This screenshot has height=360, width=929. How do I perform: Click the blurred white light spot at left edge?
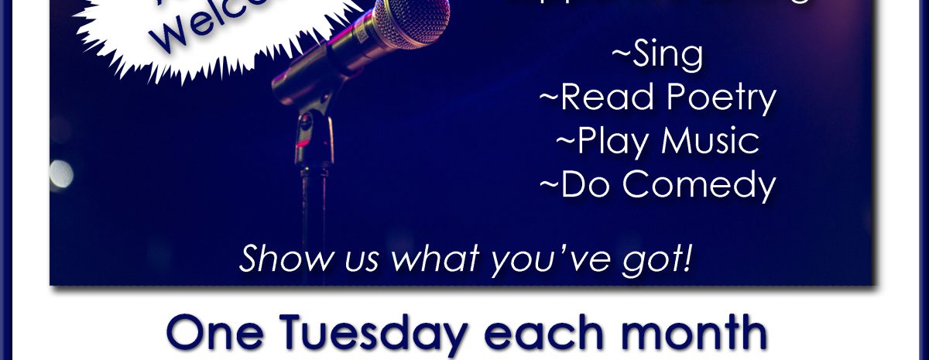(60, 173)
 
